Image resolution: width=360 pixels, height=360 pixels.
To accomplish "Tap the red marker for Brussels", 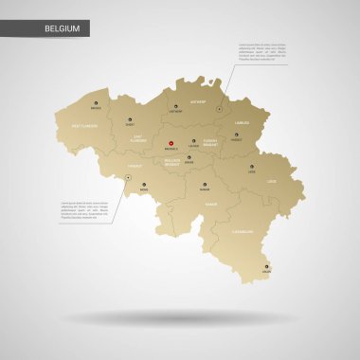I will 171,142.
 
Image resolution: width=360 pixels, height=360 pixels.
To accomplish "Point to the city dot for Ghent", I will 130,117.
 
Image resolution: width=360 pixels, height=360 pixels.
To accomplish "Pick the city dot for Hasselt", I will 237,135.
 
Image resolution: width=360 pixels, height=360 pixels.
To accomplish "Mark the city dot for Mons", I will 144,185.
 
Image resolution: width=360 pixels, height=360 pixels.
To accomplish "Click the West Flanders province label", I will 83,125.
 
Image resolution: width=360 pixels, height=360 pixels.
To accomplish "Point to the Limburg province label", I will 241,122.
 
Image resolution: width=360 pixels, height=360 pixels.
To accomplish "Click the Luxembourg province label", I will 242,230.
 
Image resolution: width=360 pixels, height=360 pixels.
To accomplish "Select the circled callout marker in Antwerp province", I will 218,82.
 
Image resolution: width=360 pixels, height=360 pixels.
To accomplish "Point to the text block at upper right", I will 263,51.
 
